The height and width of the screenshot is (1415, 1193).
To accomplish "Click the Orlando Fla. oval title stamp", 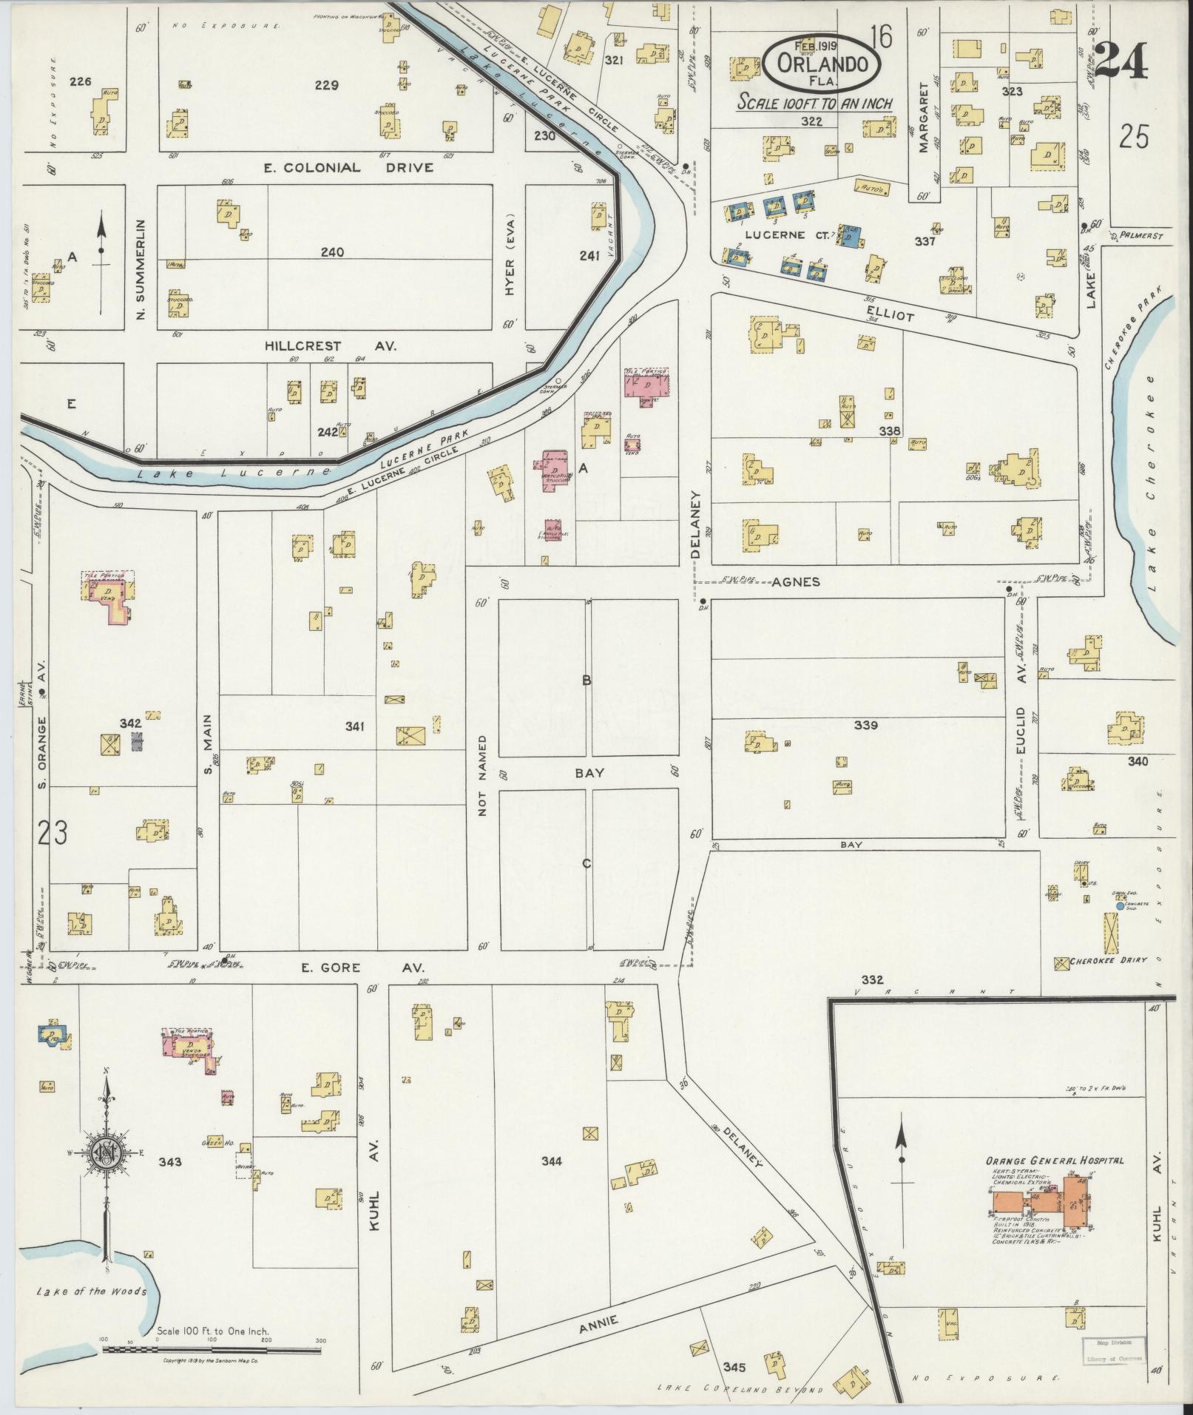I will [822, 64].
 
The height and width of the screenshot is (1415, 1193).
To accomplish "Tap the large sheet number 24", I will [1121, 61].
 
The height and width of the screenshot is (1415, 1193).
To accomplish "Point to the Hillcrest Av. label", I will [331, 345].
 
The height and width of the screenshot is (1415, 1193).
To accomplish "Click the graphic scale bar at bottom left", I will [212, 1349].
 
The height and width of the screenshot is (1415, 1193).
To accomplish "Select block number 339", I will [865, 725].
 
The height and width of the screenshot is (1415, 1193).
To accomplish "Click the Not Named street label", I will [484, 775].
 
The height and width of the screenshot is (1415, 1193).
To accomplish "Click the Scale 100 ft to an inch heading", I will [814, 104].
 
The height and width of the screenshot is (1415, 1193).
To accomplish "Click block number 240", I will [332, 252].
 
